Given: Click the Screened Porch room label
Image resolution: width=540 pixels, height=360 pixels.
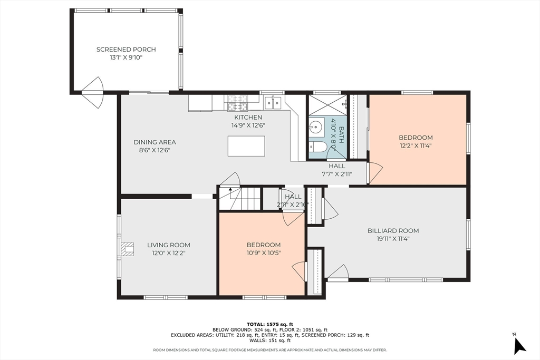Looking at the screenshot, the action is [126, 50].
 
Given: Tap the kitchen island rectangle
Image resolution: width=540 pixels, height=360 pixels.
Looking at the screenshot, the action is [246, 146].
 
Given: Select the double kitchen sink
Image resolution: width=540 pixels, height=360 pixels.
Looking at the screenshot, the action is [273, 103].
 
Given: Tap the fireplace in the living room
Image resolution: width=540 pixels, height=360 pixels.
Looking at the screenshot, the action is [127, 249].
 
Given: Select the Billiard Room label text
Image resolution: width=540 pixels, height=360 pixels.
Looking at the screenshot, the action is [393, 230].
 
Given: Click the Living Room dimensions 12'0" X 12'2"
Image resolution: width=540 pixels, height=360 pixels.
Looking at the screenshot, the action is [169, 253].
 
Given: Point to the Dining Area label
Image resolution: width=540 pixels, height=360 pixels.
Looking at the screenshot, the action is [155, 142].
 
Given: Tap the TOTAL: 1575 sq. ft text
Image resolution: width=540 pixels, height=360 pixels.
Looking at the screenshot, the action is [270, 324].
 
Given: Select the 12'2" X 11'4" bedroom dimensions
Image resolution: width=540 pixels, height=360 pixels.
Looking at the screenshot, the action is [416, 145].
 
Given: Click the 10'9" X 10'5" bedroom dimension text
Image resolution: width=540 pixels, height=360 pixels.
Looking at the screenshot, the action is [264, 253].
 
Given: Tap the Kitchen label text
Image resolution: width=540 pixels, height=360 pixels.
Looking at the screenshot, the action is [248, 118].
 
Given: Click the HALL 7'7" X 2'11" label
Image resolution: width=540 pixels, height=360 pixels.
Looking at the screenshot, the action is [337, 170].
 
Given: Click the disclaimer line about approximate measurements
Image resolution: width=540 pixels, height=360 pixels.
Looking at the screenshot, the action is [270, 350].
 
